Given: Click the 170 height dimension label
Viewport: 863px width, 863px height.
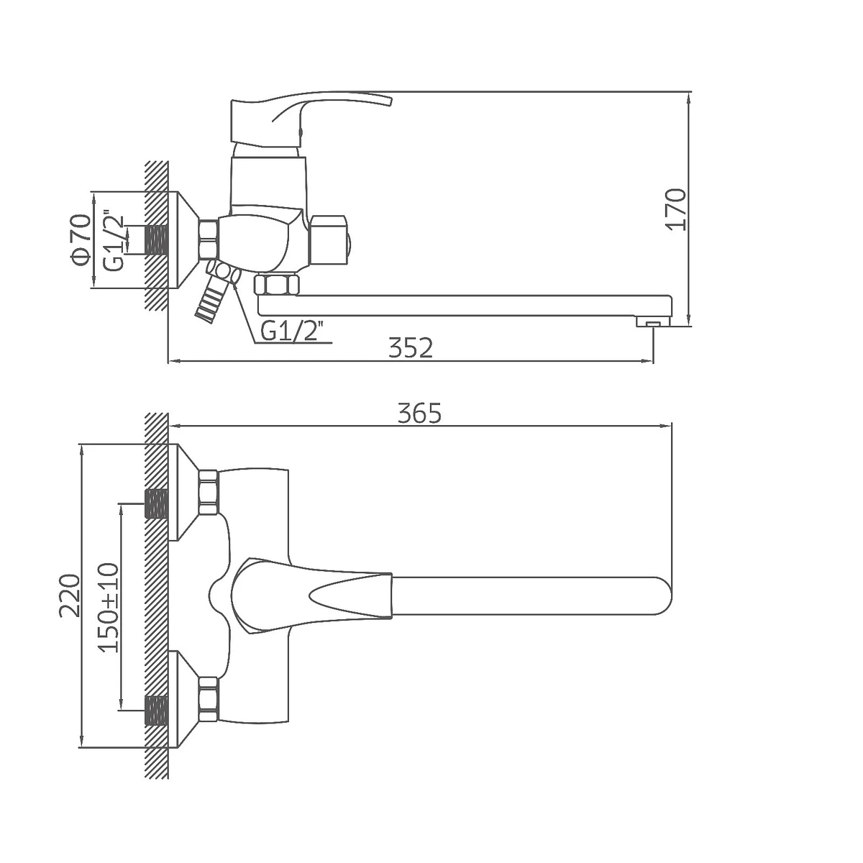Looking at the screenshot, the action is [676, 209].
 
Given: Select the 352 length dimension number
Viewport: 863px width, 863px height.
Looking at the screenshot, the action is [411, 348].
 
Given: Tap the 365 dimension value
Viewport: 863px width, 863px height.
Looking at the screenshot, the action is [419, 413].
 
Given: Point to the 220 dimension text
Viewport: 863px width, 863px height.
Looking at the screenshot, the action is [70, 595].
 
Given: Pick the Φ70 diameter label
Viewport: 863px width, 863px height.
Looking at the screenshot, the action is [81, 239].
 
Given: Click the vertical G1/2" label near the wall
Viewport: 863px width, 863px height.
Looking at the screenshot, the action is [114, 239].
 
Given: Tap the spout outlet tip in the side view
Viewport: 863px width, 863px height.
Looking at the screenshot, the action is [653, 322].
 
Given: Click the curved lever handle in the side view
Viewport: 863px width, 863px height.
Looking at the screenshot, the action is [309, 119].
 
